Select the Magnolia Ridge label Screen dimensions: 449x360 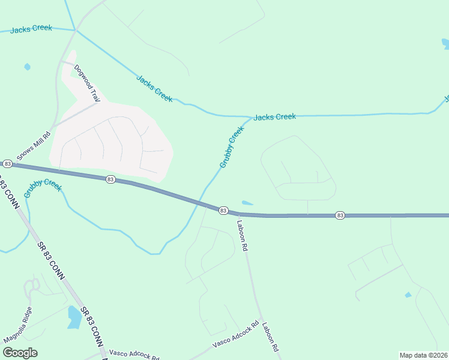[x=17, y=330]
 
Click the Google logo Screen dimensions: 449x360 [x=20, y=353]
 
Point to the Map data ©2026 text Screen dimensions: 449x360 [x=423, y=355]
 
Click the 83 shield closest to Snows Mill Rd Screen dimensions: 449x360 [x=7, y=163]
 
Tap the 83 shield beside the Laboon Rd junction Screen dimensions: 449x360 [x=223, y=211]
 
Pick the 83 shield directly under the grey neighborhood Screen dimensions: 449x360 [x=110, y=179]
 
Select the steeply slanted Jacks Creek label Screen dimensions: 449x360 [x=154, y=88]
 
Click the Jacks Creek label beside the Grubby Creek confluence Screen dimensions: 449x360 [x=274, y=117]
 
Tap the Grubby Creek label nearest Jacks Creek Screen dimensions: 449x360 [x=231, y=146]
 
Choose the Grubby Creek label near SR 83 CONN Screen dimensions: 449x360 [x=43, y=190]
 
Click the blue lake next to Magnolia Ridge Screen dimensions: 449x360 [x=74, y=316]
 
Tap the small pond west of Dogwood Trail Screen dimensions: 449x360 [x=27, y=67]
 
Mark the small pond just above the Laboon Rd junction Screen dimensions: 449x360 [x=247, y=203]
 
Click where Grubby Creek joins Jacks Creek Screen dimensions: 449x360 [x=249, y=118]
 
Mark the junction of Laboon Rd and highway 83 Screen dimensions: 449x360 [x=238, y=213]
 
